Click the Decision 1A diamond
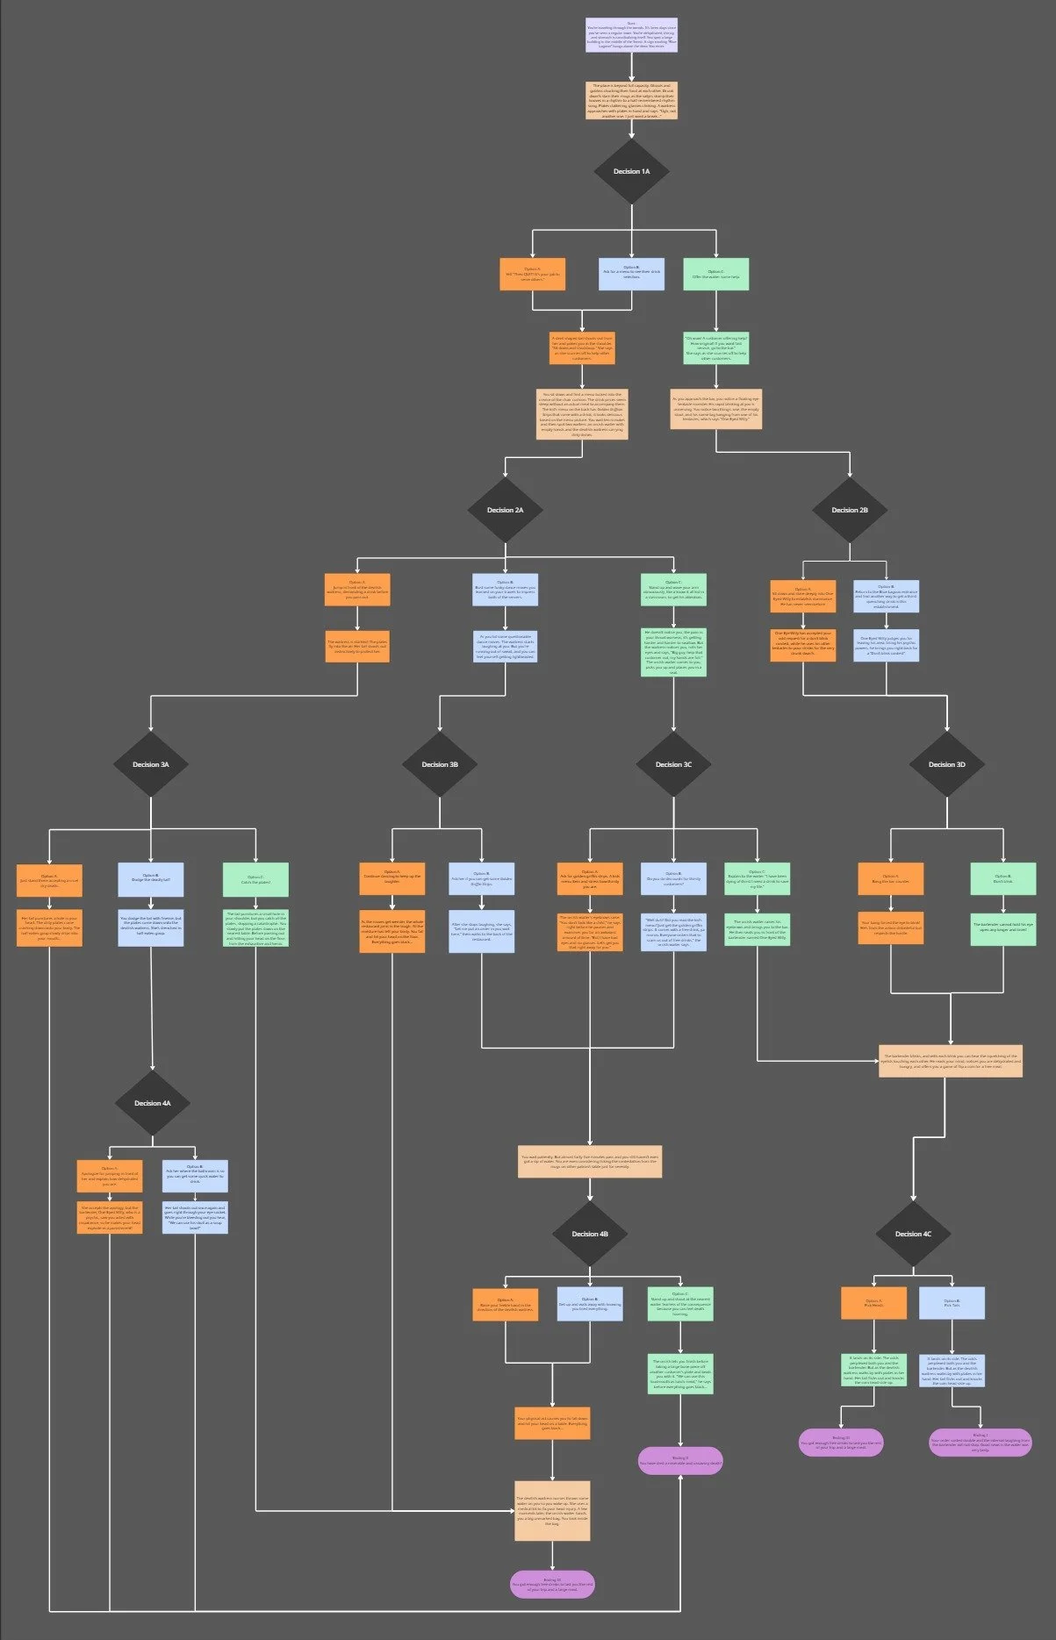point(631,171)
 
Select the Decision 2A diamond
point(506,510)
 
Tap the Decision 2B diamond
point(850,510)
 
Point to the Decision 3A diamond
point(151,764)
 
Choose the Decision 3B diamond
point(440,764)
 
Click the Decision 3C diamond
point(673,764)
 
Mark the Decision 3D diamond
point(947,764)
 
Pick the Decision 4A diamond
point(153,1103)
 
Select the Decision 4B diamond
point(590,1234)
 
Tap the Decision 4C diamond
point(914,1234)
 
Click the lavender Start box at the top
point(631,35)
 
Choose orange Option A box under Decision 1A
point(533,274)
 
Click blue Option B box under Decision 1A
point(631,274)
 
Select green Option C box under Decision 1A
point(715,274)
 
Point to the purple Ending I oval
point(981,1443)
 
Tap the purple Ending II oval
point(680,1460)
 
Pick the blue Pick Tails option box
point(952,1303)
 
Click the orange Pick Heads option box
point(873,1303)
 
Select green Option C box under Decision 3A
point(255,879)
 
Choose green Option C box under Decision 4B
point(680,1304)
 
